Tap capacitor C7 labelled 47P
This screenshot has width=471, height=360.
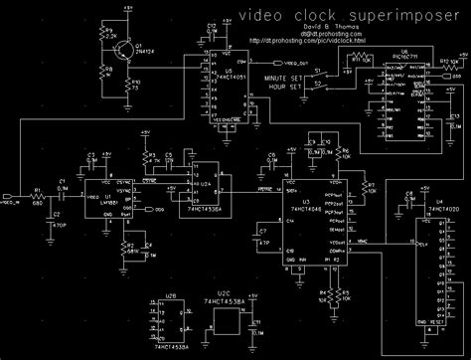tap(265, 239)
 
